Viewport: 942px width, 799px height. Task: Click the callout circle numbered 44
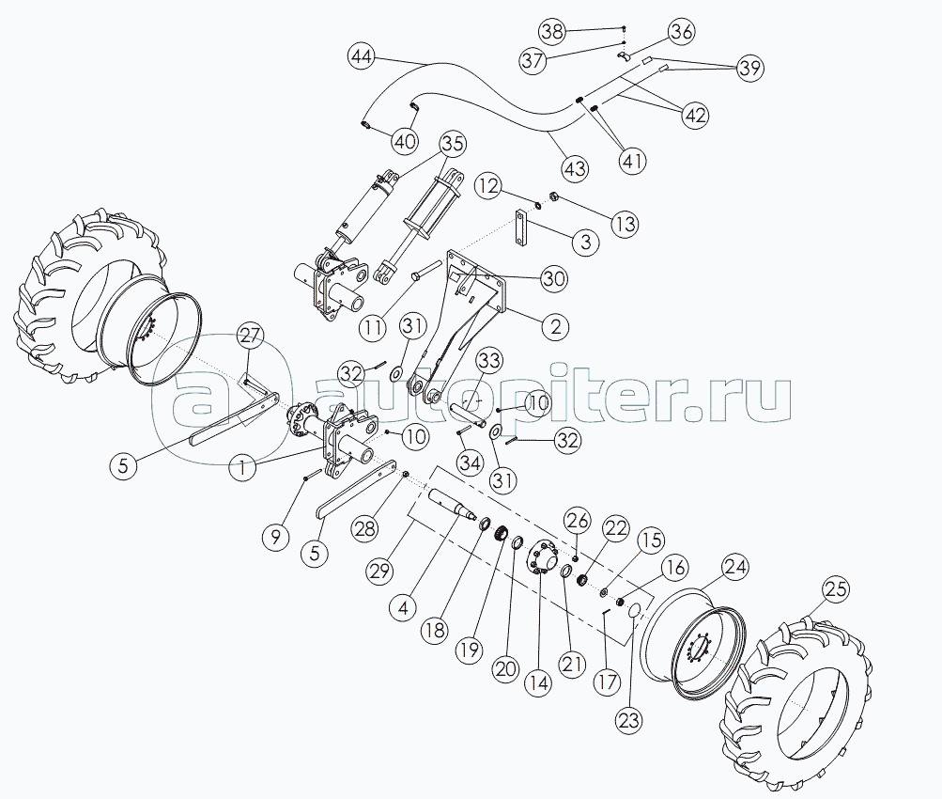(x=362, y=57)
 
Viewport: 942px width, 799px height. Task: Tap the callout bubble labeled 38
(x=552, y=31)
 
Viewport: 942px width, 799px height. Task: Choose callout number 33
(x=490, y=361)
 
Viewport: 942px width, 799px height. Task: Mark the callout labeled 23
(x=628, y=720)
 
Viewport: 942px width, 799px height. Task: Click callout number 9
(x=276, y=537)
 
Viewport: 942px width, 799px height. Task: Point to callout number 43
(x=575, y=167)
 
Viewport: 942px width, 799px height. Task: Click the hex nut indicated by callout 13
(x=555, y=196)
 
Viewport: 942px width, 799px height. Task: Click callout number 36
(x=681, y=31)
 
